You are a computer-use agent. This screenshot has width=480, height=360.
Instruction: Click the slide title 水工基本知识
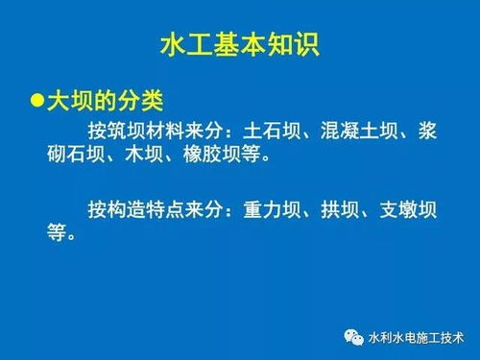click(240, 45)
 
